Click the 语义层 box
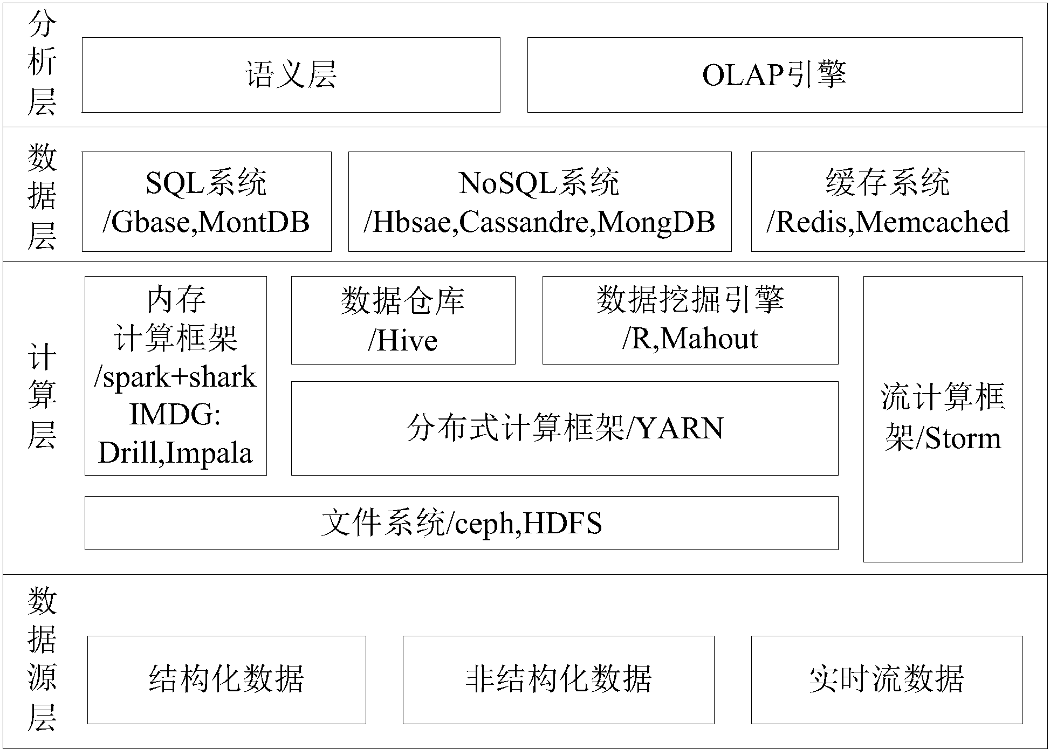291,75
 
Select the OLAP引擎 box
774,75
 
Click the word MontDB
254,222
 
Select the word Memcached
932,222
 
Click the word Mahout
710,339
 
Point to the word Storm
963,438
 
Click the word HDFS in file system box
562,523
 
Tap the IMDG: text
175,415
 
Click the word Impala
209,452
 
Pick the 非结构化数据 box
558,679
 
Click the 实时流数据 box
886,679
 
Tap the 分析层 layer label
42,64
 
